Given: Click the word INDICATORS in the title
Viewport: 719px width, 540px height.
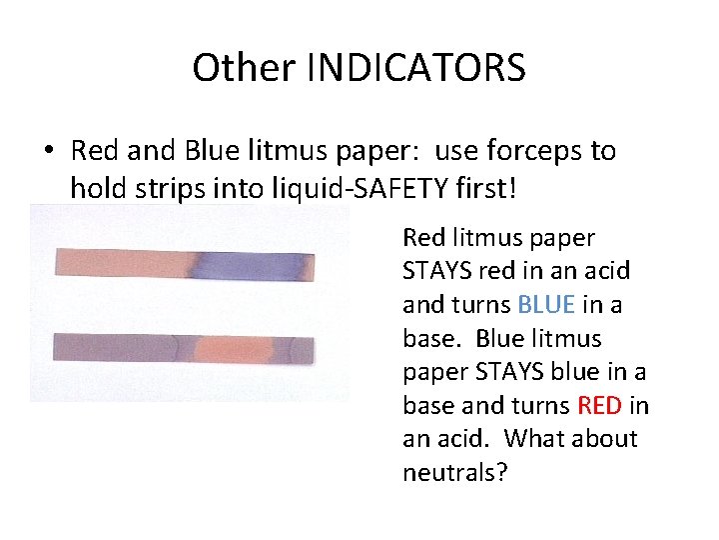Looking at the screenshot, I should pyautogui.click(x=418, y=69).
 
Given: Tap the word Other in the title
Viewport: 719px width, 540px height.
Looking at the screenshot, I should pyautogui.click(x=245, y=69).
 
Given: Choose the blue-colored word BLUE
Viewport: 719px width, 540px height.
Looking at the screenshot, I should pyautogui.click(x=545, y=305).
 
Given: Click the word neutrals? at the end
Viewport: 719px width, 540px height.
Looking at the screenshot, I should pyautogui.click(x=455, y=472).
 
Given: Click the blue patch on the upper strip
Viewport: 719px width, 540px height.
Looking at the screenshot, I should pyautogui.click(x=250, y=264).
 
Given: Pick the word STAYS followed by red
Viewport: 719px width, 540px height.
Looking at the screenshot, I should pyautogui.click(x=434, y=271).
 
